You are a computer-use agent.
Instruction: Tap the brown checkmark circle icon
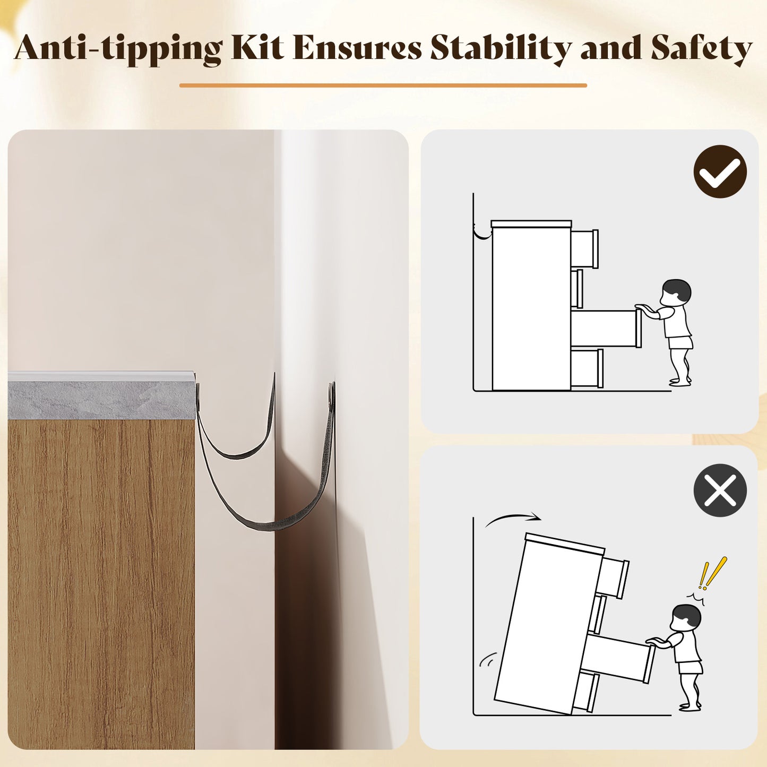[720, 171]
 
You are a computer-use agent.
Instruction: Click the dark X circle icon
[720, 490]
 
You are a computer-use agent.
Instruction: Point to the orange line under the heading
[383, 85]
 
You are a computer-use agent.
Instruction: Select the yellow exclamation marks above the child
[712, 573]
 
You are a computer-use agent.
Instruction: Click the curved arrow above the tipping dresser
[513, 517]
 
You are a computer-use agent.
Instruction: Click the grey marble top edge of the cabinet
[101, 399]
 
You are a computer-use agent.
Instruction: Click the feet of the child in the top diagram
[680, 382]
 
